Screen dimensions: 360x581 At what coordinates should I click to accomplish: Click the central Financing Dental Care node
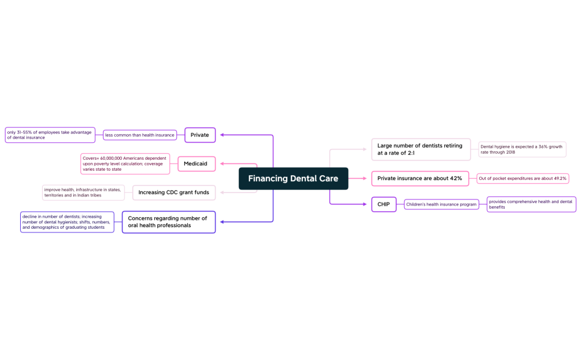(293, 179)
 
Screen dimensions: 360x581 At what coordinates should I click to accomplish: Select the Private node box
(200, 135)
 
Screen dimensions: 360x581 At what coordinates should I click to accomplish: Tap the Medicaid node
(196, 164)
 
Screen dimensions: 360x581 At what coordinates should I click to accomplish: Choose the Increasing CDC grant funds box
(174, 192)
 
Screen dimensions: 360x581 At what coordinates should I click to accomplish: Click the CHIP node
(383, 204)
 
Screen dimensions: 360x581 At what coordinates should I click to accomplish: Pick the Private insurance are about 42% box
(420, 178)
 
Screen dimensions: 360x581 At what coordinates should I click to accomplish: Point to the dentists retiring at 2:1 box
(421, 149)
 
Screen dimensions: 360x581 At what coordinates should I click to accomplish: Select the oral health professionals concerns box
(168, 221)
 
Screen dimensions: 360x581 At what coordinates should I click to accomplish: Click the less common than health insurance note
(140, 135)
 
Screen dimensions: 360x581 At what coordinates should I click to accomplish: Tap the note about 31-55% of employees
(50, 135)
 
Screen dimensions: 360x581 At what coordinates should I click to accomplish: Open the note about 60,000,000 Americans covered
(125, 164)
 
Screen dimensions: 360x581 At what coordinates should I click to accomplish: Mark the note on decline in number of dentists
(67, 221)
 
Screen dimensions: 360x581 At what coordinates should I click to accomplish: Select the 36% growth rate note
(522, 149)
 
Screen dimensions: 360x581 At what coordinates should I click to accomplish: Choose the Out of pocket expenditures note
(522, 178)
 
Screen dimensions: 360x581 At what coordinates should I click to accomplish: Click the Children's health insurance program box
(441, 204)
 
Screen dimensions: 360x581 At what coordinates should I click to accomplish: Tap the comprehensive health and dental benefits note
(531, 204)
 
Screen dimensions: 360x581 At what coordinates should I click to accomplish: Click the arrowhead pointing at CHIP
(364, 204)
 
